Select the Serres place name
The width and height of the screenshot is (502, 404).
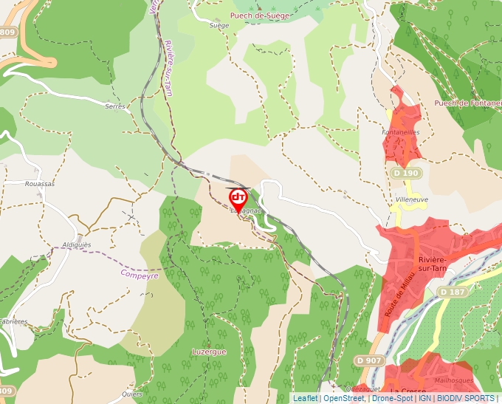115,106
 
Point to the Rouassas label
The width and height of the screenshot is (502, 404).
40,184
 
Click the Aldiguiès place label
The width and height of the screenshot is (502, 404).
77,244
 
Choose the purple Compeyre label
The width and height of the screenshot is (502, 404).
140,274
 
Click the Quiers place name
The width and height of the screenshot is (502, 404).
133,393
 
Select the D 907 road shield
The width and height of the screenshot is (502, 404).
368,360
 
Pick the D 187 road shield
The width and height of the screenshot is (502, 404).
453,292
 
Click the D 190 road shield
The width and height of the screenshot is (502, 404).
405,173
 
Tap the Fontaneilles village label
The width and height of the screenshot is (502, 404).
400,132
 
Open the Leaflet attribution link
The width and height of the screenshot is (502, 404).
306,398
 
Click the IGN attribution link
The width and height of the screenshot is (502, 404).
424,398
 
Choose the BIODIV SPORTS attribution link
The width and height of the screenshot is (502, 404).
466,398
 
